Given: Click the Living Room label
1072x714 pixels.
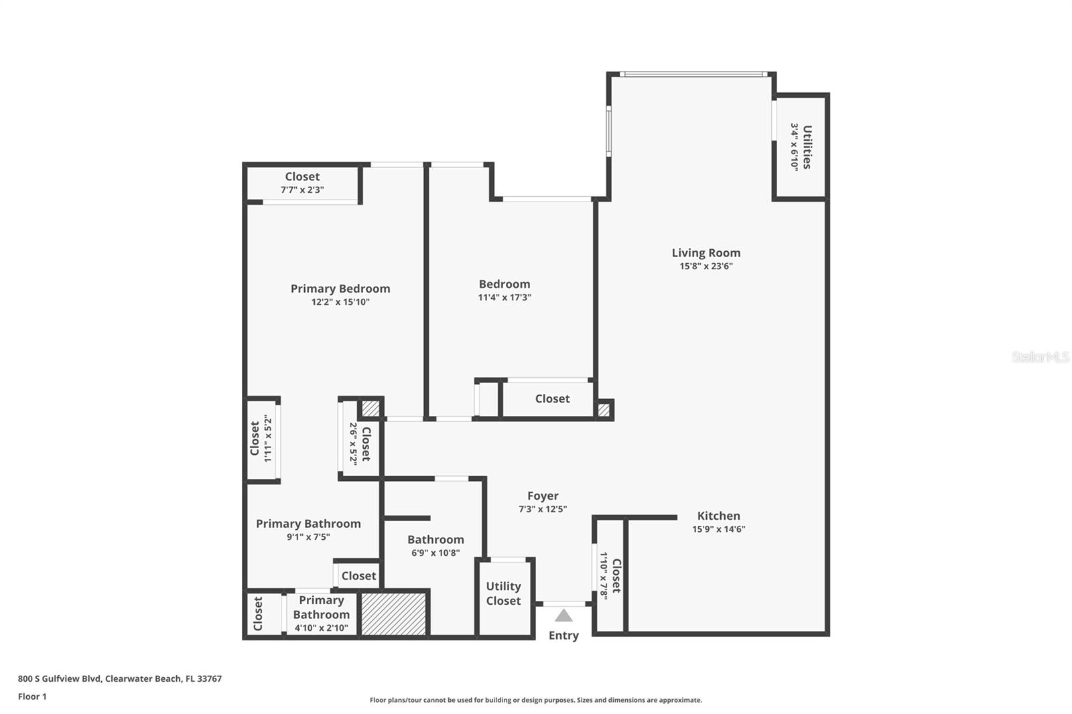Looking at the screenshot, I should (706, 253).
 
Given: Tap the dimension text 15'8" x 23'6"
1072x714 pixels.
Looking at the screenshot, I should (706, 266).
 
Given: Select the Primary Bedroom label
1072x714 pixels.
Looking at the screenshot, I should (340, 289).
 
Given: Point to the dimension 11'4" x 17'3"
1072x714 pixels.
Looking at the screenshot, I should (504, 297).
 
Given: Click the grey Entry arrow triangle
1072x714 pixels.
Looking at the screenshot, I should (563, 616).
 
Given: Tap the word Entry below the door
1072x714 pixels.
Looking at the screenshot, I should (563, 636).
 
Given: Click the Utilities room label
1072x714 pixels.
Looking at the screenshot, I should (807, 147).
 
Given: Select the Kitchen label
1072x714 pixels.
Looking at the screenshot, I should (718, 516).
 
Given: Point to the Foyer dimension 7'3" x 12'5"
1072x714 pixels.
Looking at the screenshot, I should (542, 509).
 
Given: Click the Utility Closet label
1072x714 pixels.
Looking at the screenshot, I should (503, 593).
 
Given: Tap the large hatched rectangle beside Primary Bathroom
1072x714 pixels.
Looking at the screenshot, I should (393, 613).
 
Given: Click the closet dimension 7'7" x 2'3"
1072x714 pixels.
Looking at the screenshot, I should (302, 190).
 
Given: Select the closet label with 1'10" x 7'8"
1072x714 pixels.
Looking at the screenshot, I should (616, 576).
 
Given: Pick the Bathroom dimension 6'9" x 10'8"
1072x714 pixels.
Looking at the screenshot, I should (435, 553).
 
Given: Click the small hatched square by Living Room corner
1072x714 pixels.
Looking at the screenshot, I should (604, 409).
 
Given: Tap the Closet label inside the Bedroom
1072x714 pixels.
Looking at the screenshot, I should (552, 399).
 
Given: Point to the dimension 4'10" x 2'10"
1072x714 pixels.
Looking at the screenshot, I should (321, 628).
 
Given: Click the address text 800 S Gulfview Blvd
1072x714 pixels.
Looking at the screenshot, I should (60, 679).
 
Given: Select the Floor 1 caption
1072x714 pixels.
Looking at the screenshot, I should (32, 697).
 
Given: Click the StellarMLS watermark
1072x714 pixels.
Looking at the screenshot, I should (1039, 357).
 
